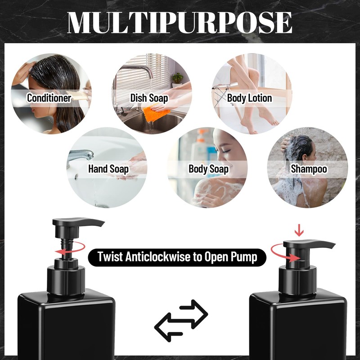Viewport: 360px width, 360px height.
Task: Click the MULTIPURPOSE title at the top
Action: click(180, 21)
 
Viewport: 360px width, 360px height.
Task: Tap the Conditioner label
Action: click(49, 98)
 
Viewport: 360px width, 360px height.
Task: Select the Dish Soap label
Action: click(149, 98)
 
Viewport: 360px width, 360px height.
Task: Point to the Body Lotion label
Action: click(249, 98)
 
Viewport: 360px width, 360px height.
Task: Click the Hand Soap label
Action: click(108, 169)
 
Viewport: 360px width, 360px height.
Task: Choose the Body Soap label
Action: click(208, 169)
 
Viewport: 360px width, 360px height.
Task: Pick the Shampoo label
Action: click(309, 169)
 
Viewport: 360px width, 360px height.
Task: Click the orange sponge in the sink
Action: click(155, 112)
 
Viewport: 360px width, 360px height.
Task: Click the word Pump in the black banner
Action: click(243, 257)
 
